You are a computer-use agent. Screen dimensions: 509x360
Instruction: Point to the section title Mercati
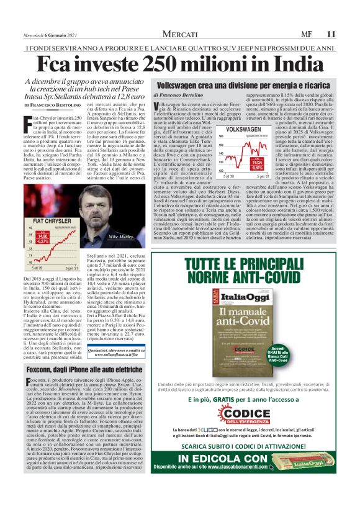pyautogui.click(x=180, y=34)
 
